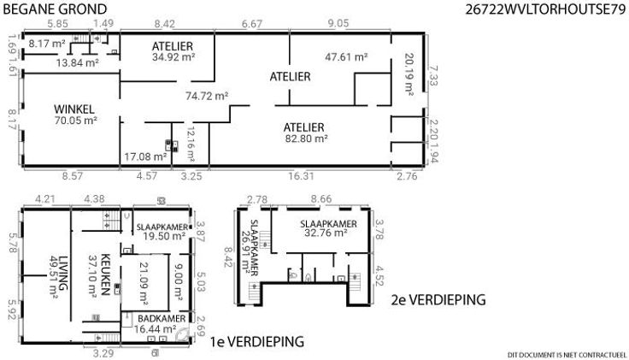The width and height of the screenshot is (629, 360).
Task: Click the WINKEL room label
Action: (x=74, y=109)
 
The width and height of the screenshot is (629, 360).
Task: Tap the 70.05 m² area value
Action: (x=76, y=121)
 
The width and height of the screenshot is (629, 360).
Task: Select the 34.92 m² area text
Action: (x=173, y=57)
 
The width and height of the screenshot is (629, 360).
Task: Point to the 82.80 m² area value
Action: (x=307, y=139)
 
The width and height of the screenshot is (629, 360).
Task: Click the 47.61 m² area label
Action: (x=346, y=57)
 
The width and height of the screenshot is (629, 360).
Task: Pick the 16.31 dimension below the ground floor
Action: (x=301, y=176)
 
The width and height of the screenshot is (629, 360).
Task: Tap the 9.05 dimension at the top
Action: (x=338, y=23)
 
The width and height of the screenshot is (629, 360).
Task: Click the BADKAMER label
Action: (x=162, y=319)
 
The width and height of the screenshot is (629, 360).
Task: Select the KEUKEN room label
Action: (x=105, y=274)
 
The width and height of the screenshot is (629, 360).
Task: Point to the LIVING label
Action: (x=63, y=274)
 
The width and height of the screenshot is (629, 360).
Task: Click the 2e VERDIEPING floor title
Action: (x=438, y=300)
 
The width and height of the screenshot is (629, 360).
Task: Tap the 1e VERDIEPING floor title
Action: (x=257, y=342)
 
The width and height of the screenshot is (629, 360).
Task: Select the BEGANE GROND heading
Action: (x=55, y=9)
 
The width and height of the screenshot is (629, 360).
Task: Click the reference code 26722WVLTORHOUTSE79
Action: (x=545, y=9)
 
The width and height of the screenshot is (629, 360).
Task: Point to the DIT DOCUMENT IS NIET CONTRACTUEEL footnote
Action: (x=567, y=355)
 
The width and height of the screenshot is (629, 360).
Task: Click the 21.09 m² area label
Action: (x=144, y=283)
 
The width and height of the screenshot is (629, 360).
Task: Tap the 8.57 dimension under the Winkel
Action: (x=72, y=176)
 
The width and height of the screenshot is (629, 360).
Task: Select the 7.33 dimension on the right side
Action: (x=432, y=76)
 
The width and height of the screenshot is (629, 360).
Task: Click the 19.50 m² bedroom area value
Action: (x=164, y=236)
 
